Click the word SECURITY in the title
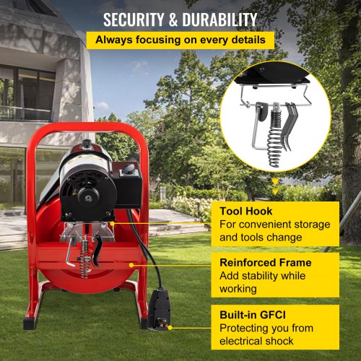[134, 19]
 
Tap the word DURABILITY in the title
[219, 19]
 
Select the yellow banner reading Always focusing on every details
[180, 40]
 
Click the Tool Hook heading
[246, 212]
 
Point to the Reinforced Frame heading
[266, 263]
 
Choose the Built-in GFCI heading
[253, 315]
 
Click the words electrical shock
[256, 341]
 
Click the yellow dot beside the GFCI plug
[170, 328]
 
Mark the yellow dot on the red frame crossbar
[131, 265]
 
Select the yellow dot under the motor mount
[112, 224]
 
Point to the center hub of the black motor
[88, 198]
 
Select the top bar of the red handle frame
[88, 128]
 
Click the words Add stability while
[262, 276]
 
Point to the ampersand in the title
[173, 19]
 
